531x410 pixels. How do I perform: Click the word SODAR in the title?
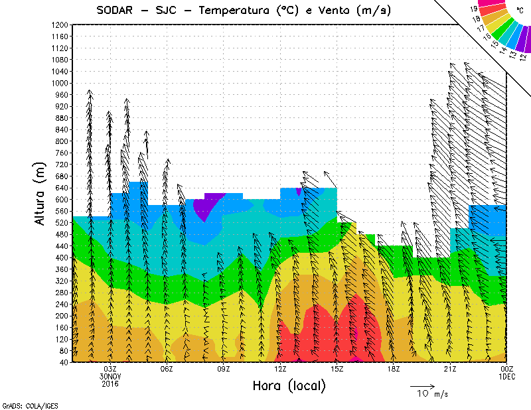coord(118,10)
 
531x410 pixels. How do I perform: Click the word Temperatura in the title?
coord(229,10)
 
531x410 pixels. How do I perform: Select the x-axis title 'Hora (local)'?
coord(289,385)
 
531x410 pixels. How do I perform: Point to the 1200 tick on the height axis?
coord(58,25)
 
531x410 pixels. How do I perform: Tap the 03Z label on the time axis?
coord(111,369)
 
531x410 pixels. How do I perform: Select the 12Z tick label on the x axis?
coord(280,369)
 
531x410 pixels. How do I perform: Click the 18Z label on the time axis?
coord(393,369)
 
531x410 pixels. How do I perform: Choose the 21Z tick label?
coord(449,369)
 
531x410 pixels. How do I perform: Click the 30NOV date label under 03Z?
coord(111,376)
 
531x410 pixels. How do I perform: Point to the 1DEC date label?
coord(506,376)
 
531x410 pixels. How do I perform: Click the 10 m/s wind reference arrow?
coord(421,385)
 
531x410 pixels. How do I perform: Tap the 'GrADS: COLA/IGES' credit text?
coord(24,404)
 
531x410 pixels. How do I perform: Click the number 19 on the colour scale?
coord(474,10)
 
